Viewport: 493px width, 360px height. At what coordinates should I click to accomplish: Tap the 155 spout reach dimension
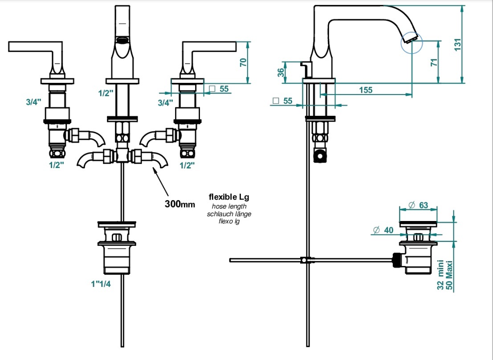point(366,90)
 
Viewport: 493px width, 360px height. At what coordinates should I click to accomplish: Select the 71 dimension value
point(434,62)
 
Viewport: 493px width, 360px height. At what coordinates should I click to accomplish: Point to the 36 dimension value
point(281,72)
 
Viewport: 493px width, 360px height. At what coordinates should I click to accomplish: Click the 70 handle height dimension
point(243,62)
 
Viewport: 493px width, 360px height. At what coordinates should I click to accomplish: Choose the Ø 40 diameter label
point(383,230)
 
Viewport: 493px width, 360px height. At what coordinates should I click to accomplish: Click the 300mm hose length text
point(180,204)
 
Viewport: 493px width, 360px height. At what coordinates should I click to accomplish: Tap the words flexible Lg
point(229,197)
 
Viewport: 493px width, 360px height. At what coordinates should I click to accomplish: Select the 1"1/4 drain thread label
point(101,284)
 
